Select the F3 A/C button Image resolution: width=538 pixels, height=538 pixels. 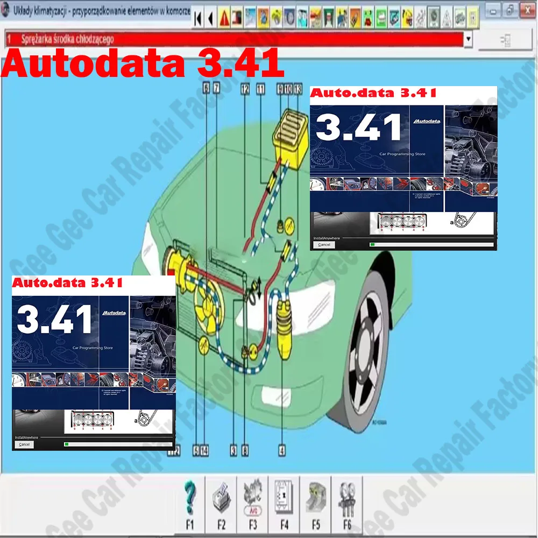252,498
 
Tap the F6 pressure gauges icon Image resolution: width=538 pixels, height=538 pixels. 346,498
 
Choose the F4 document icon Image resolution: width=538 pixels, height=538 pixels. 284,498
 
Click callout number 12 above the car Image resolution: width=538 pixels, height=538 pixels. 245,90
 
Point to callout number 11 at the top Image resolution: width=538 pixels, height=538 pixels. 261,90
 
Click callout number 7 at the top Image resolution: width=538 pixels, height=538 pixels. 216,90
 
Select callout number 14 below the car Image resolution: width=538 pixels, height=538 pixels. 204,451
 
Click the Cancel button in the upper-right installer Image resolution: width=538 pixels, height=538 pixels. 324,244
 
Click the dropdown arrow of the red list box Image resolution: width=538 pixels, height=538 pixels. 468,39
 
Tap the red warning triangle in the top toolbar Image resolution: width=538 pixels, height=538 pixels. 223,19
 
